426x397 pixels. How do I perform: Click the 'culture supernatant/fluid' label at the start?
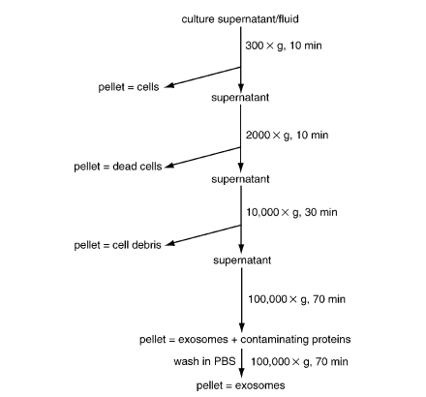(240, 19)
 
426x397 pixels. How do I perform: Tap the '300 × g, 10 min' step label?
(284, 46)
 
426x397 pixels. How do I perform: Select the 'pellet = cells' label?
(129, 87)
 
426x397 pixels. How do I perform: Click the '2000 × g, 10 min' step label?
(287, 135)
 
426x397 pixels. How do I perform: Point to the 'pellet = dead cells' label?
(118, 167)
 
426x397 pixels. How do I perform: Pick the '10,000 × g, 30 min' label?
(291, 212)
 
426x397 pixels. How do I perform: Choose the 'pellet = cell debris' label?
(117, 245)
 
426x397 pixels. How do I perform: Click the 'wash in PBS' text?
(204, 361)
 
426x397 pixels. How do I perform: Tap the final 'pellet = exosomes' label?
(240, 385)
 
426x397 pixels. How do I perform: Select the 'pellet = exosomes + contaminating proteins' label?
(245, 340)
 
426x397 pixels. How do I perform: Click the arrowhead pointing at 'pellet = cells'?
(168, 85)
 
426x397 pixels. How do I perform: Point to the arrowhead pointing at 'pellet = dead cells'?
(169, 166)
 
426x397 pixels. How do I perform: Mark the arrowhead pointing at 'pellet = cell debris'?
(170, 244)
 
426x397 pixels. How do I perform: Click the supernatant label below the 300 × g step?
(240, 98)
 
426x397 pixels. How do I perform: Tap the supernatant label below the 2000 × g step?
(240, 179)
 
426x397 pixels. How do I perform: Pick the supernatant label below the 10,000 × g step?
(242, 260)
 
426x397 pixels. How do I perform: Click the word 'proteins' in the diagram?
(331, 340)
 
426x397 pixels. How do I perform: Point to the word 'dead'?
(123, 167)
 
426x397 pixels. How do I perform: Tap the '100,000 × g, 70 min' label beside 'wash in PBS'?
(299, 361)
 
